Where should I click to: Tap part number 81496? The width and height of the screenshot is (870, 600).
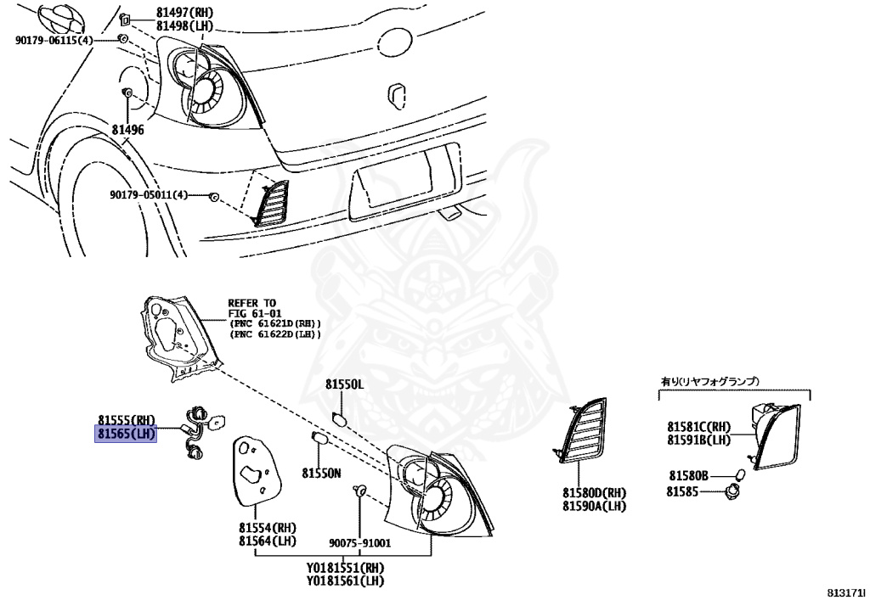(x=127, y=130)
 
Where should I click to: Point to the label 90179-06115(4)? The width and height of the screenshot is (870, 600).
(x=54, y=40)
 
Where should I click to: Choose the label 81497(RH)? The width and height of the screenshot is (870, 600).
(x=185, y=13)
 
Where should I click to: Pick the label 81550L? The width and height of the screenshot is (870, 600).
(x=344, y=384)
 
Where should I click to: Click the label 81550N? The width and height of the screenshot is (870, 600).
(x=321, y=472)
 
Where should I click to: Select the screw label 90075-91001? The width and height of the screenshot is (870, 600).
(x=359, y=543)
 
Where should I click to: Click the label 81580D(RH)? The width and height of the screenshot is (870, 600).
(x=593, y=492)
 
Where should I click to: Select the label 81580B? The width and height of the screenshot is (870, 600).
(x=687, y=476)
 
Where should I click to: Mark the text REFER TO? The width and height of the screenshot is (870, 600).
(x=251, y=302)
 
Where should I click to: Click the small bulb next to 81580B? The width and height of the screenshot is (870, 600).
(x=739, y=474)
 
